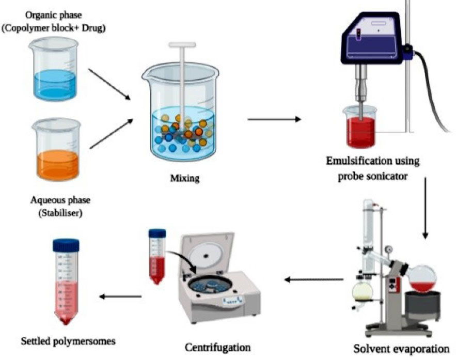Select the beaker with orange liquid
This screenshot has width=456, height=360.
pos(57,150)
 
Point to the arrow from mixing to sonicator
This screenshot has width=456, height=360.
pos(274,119)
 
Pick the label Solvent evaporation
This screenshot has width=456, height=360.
pos(401,348)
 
